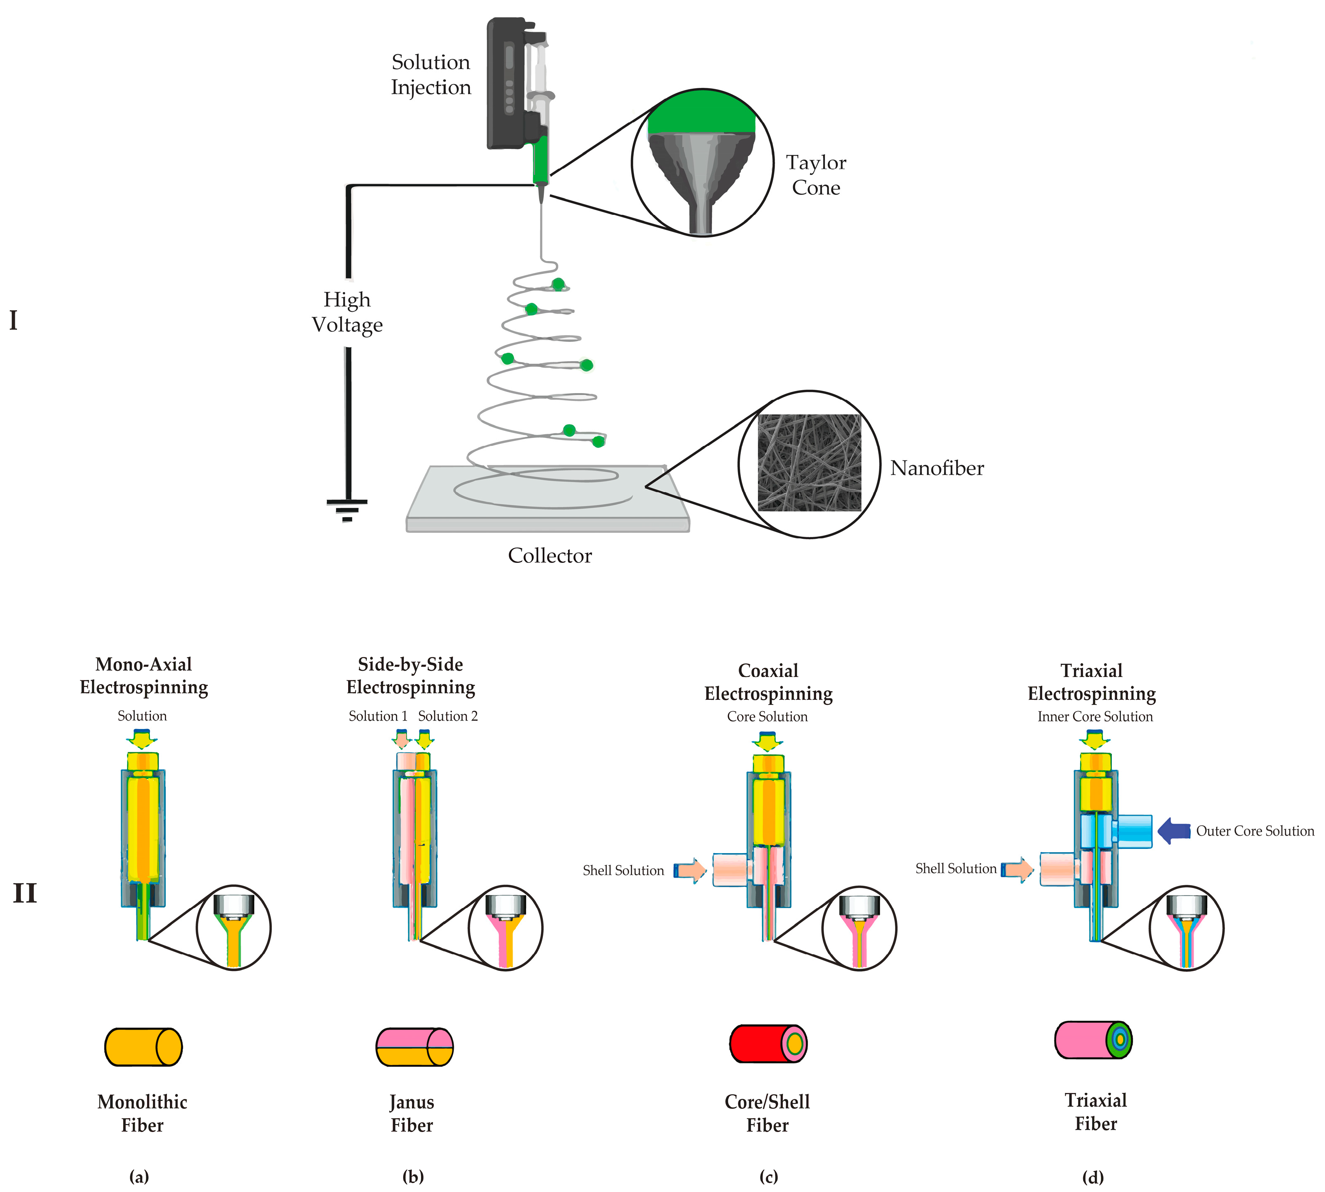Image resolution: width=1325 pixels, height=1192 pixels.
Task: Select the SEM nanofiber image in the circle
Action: coord(809,463)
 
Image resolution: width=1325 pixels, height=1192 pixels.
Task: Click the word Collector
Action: coord(550,555)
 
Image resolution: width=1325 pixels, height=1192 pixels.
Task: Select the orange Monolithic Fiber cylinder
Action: coord(143,1047)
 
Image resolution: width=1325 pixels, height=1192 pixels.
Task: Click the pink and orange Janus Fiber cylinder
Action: coord(414,1047)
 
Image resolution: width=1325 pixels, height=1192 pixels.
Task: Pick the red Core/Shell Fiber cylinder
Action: coord(767,1043)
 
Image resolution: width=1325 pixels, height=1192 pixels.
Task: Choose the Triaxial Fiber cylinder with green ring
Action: coord(1093,1039)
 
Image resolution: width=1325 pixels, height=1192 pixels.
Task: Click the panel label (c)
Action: coord(768,1176)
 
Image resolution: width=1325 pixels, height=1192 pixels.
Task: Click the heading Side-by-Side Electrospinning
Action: coord(411,676)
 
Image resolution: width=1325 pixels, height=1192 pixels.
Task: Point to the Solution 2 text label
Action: coord(448,716)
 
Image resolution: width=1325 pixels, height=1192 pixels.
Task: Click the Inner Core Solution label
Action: coord(1094,717)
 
